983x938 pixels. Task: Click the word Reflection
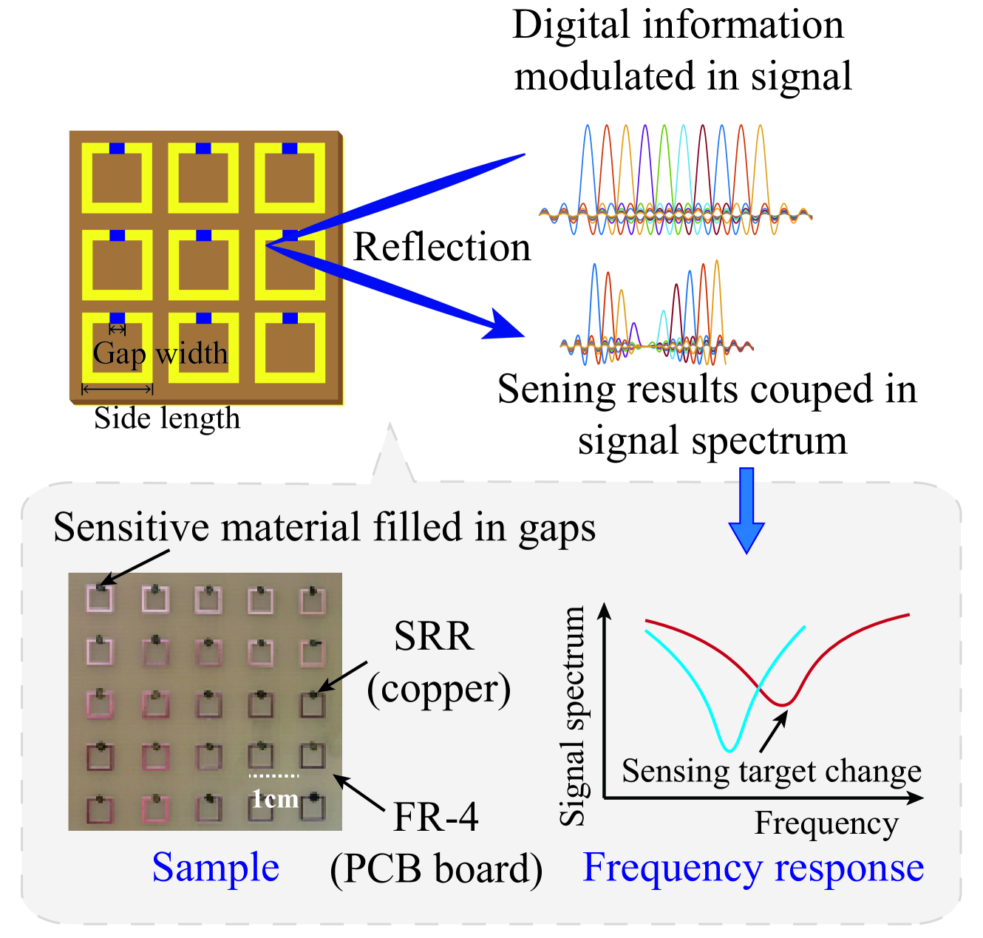[x=442, y=247]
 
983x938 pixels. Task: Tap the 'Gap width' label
[x=160, y=353]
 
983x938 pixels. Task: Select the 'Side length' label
[x=167, y=418]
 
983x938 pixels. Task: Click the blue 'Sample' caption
[x=216, y=867]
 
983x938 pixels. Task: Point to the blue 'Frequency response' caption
[x=753, y=867]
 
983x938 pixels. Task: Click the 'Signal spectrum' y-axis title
[x=573, y=715]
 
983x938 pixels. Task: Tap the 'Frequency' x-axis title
[x=826, y=823]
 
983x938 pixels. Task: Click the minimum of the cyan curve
[x=729, y=750]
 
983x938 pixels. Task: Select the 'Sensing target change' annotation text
[x=772, y=771]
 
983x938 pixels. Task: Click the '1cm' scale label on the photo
[x=275, y=799]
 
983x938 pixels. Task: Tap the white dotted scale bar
[x=273, y=776]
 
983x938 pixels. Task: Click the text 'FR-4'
[x=436, y=818]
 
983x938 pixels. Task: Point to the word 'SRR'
[x=434, y=636]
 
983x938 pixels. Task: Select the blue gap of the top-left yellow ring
[x=117, y=149]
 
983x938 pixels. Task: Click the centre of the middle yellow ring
[x=203, y=265]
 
